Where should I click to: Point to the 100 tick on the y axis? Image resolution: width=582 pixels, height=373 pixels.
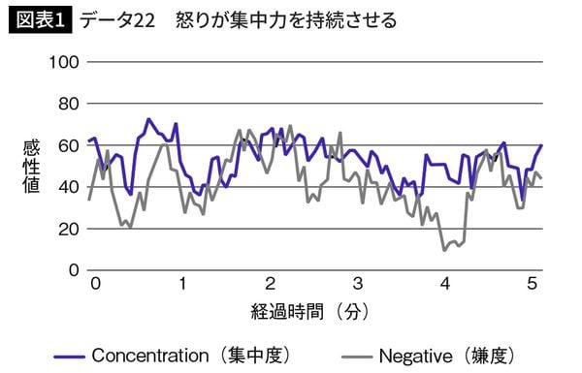[63, 62]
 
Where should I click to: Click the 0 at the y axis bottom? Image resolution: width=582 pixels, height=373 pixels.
[71, 270]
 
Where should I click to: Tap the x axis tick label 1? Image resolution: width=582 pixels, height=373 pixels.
[182, 285]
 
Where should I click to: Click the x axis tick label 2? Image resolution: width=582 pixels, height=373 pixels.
[270, 285]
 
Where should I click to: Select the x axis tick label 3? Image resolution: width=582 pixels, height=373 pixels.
[357, 285]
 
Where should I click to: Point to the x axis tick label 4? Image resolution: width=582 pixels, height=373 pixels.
[444, 285]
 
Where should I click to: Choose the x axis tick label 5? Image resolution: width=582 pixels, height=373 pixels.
[532, 285]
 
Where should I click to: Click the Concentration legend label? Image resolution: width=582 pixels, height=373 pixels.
[190, 353]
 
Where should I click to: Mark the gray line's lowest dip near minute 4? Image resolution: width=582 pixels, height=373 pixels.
[445, 250]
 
